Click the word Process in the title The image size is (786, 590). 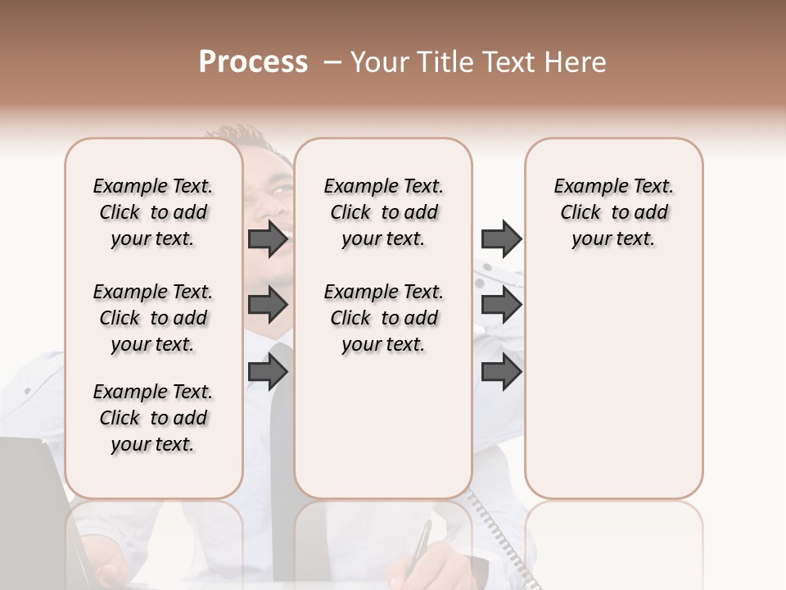[x=253, y=61]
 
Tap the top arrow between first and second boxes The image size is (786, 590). [x=268, y=238]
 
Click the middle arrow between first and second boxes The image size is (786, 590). [x=268, y=306]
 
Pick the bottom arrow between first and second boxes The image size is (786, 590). [x=268, y=373]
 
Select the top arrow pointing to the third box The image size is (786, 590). [x=501, y=238]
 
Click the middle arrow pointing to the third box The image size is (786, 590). [x=501, y=306]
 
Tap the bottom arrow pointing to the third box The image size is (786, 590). [x=501, y=373]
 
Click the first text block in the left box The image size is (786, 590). [x=153, y=212]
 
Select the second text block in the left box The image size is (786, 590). [x=153, y=318]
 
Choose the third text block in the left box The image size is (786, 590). [x=153, y=418]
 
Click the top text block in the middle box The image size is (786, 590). [x=384, y=212]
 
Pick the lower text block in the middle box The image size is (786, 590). [x=384, y=318]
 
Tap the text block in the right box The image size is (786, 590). [x=614, y=212]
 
